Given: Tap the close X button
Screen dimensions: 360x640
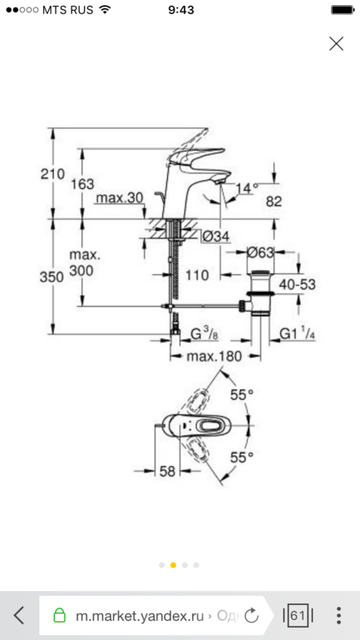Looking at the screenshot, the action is point(337,44).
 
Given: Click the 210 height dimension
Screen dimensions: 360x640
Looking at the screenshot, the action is point(52,174).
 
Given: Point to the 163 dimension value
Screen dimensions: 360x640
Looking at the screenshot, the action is point(82,184).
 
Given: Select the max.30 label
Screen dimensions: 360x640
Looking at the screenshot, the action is point(119,198).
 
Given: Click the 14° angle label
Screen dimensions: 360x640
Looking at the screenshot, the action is point(248,188).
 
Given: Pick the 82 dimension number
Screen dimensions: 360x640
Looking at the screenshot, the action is point(274,201).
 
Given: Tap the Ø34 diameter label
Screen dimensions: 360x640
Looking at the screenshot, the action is point(216,236).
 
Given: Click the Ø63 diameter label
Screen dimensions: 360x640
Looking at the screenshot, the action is point(260,253).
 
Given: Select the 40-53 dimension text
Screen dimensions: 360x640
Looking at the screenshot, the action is point(297,284).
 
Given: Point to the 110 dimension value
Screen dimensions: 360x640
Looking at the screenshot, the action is point(197,275).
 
